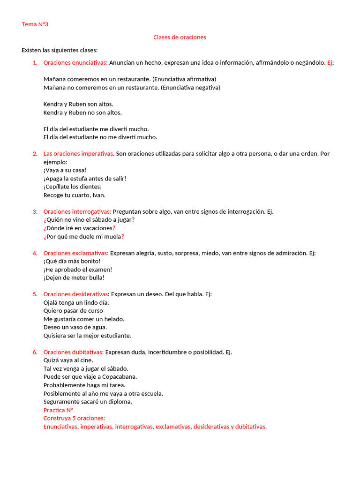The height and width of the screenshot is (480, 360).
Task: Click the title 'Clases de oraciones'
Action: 180,37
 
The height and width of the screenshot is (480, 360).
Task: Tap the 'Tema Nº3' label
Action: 35,24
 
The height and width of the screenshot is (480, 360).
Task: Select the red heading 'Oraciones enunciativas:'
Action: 75,62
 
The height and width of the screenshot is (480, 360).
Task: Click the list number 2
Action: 35,153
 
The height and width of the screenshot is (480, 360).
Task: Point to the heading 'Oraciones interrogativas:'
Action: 77,211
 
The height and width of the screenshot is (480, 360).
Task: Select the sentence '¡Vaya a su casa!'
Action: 65,170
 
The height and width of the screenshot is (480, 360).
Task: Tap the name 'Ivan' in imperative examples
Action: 99,195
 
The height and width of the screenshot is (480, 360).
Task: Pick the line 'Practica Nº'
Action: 58,410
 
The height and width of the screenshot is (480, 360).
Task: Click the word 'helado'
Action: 114,319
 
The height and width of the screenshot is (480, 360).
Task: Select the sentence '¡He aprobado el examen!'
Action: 78,270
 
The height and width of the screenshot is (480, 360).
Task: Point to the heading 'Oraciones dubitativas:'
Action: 74,352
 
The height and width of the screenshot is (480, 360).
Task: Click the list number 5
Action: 35,294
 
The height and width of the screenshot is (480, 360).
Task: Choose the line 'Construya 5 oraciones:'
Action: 74,418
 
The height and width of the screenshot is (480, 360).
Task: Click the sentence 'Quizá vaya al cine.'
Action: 68,360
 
